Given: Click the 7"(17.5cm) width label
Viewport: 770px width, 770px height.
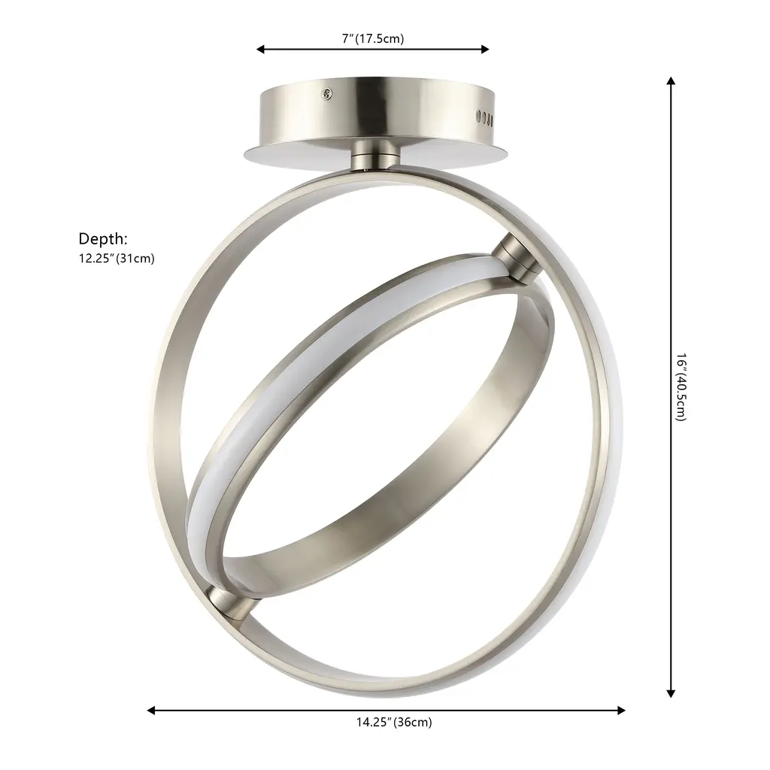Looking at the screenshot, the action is tap(373, 38).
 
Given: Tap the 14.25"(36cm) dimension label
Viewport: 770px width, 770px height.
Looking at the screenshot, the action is tap(394, 722).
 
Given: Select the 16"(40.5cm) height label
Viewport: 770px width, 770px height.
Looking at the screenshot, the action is tap(681, 387).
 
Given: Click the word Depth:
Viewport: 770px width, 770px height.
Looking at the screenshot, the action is tap(103, 238).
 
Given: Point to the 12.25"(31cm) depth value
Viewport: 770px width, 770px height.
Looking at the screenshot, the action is tap(117, 259).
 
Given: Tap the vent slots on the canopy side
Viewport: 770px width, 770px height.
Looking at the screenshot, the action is tap(485, 117).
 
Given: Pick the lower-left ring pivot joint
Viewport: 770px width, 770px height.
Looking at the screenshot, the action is tap(231, 603).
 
